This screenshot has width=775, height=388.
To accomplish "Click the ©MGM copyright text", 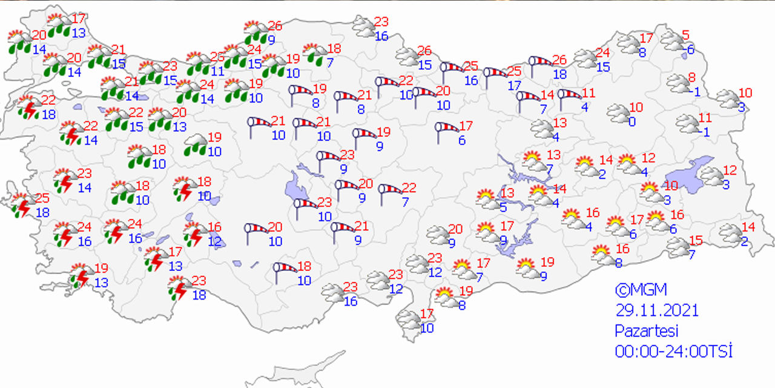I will pyautogui.click(x=641, y=290).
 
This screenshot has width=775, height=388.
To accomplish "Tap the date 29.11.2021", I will pyautogui.click(x=657, y=311).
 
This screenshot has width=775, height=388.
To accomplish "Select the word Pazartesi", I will pyautogui.click(x=647, y=331).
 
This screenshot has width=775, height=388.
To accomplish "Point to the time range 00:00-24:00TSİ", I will pyautogui.click(x=673, y=351).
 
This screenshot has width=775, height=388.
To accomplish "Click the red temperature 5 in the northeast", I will pyautogui.click(x=685, y=35).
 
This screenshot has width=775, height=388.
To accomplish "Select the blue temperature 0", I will pyautogui.click(x=632, y=122).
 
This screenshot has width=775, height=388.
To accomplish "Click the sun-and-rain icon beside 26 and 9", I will pyautogui.click(x=256, y=32).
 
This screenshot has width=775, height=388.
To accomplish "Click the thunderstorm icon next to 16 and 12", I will pyautogui.click(x=194, y=234).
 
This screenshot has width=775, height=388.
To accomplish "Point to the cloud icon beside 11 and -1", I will pyautogui.click(x=687, y=123).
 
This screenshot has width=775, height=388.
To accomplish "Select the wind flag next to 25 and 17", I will pyautogui.click(x=495, y=76).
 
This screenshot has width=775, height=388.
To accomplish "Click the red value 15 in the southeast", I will pyautogui.click(x=696, y=241).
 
